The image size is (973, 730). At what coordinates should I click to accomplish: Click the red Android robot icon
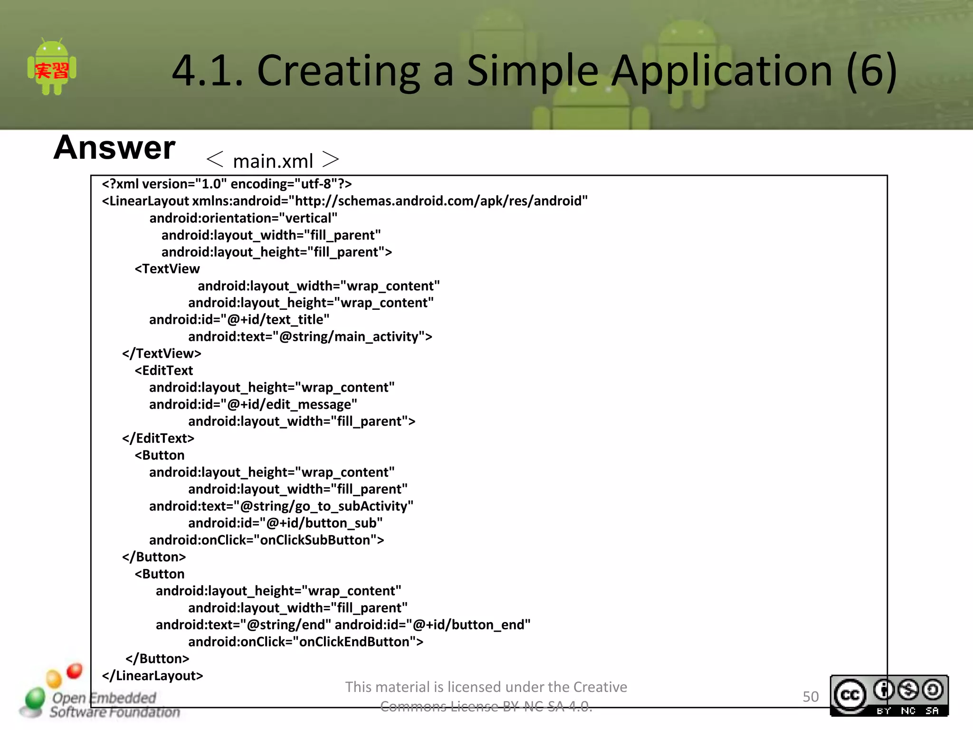pos(52,68)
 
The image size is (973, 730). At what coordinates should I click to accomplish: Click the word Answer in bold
pos(114,147)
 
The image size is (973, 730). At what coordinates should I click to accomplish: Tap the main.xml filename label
pos(273,161)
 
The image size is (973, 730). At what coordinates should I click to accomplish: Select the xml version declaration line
pos(227,184)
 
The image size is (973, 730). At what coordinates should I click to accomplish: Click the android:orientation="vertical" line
pos(243,218)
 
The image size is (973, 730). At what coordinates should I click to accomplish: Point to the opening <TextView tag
pos(167,269)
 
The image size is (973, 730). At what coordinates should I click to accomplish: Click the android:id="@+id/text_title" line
pos(239,319)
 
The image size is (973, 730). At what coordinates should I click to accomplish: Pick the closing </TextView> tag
pos(162,354)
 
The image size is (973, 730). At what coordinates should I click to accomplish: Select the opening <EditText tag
pos(164,371)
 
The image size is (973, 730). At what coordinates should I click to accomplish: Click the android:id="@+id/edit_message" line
pos(253,404)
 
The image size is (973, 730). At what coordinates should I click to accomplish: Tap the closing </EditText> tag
pos(158,438)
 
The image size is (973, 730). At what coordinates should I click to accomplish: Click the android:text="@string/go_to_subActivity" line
pos(281,506)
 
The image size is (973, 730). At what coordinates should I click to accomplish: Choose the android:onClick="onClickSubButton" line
pos(267,540)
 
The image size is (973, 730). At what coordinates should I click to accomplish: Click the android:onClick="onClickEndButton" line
pos(305,642)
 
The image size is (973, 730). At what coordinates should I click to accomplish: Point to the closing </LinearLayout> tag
pos(153,676)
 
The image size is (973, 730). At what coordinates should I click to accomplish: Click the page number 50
pos(811,697)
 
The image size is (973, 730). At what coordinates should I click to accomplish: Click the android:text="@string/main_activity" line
pos(310,336)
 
